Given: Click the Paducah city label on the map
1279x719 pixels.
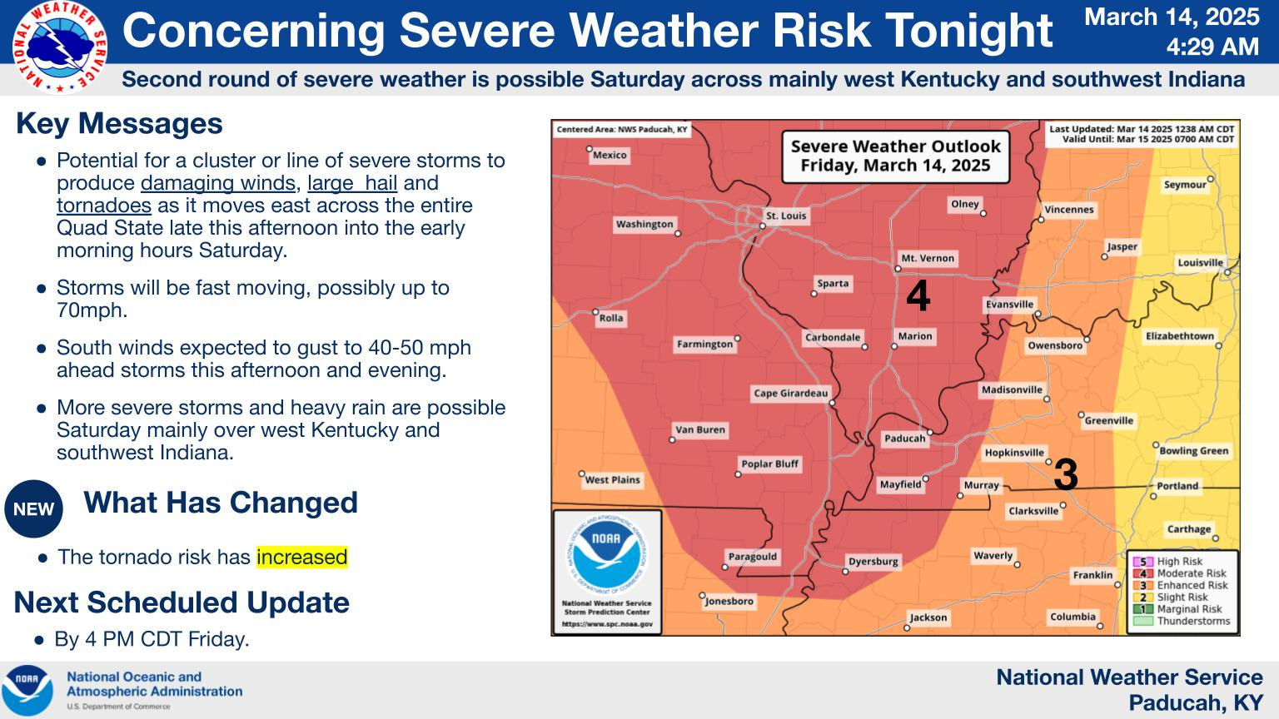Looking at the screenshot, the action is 905,439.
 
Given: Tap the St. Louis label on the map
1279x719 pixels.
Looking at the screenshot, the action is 786,216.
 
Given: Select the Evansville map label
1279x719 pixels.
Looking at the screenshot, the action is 1009,304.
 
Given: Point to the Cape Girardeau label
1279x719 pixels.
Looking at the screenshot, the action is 791,393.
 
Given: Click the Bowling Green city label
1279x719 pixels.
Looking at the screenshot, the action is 1194,451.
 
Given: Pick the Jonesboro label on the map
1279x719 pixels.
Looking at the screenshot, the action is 729,601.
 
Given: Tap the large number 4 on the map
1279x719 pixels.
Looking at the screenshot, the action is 918,295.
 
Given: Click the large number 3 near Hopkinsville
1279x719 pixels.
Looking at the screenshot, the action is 1066,474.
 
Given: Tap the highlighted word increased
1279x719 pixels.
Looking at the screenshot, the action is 302,557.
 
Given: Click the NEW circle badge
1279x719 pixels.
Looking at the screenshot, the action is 33,509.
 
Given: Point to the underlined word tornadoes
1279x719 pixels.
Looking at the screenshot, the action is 104,206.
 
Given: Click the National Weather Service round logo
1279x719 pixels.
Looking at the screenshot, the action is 59,47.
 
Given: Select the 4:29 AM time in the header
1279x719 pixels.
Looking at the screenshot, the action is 1212,47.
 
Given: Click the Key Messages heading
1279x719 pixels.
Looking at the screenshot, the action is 119,123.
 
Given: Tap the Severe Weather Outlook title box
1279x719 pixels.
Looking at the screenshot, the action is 895,156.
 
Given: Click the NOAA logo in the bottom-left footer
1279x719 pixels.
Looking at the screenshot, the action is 27,691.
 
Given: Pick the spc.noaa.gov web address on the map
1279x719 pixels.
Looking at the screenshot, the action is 607,624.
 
